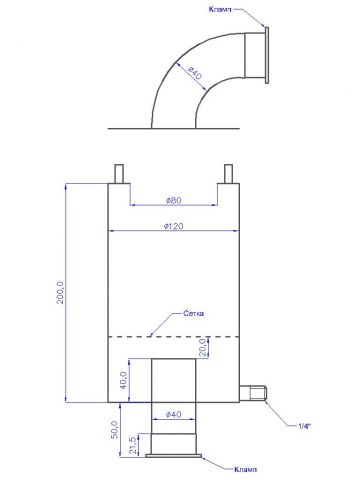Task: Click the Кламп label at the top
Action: pyautogui.click(x=220, y=9)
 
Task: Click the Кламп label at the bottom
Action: pyautogui.click(x=246, y=469)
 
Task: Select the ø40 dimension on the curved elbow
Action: pyautogui.click(x=195, y=73)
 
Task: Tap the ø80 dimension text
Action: pyautogui.click(x=173, y=200)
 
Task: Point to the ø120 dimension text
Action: pyautogui.click(x=174, y=226)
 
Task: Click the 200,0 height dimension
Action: pyautogui.click(x=60, y=292)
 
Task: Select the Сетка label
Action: pyautogui.click(x=194, y=314)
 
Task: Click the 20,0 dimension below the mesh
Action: pyautogui.click(x=203, y=348)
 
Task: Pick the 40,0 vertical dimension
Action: pyautogui.click(x=123, y=381)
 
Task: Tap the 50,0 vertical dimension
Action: pyautogui.click(x=114, y=430)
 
